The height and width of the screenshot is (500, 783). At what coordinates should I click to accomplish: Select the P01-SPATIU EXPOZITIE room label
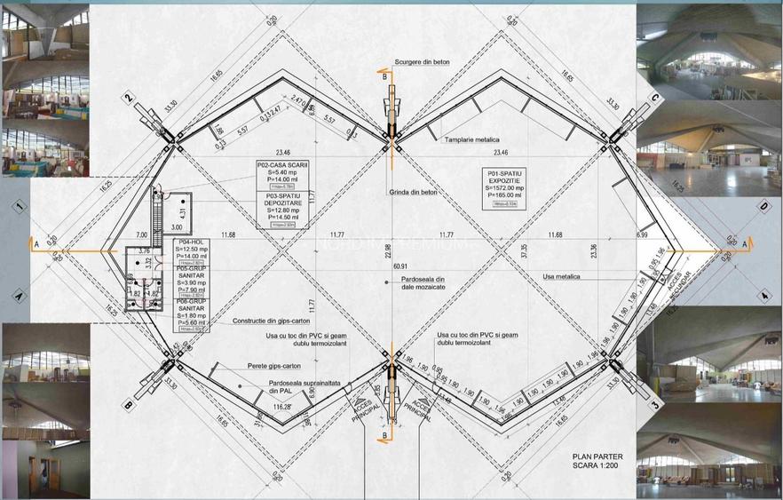click(502, 185)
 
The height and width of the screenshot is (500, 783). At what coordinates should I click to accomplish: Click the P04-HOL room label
click(187, 242)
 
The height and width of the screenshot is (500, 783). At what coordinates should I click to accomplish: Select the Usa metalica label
click(561, 276)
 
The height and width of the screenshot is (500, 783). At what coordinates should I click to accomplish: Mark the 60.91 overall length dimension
click(401, 266)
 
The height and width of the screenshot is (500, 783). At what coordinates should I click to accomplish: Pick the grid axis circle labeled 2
click(129, 98)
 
